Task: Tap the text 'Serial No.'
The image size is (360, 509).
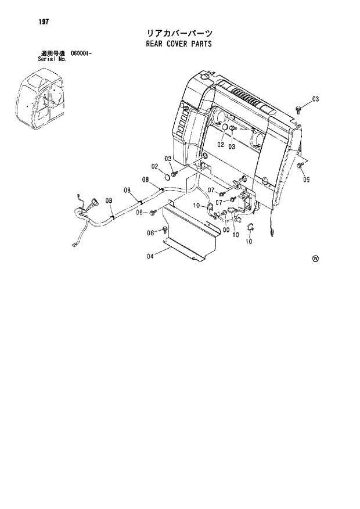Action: coord(52,59)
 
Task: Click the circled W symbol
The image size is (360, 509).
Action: coord(316,259)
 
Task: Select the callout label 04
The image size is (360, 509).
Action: coord(150,256)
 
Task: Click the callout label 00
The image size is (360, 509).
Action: coord(225,229)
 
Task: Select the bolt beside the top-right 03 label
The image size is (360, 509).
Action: coord(298,108)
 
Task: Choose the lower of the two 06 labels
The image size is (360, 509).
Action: coord(150,233)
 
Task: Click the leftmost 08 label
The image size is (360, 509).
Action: coord(109,200)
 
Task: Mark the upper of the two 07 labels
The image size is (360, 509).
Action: coord(211,191)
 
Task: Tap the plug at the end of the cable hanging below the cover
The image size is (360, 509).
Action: coord(272,234)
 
